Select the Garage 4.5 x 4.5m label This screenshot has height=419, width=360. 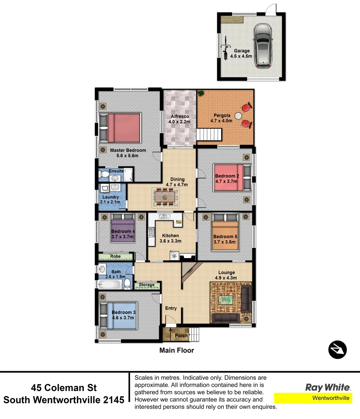[241, 54]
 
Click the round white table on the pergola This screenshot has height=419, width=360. [238, 115]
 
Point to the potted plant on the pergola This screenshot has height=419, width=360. [201, 93]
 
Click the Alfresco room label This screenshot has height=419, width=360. [179, 119]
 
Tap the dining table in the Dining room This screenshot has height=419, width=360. [166, 197]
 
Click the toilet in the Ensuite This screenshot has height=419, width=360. [104, 175]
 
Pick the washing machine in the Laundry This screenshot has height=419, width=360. [105, 188]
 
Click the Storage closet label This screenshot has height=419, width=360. [147, 285]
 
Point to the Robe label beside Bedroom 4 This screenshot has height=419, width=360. [115, 256]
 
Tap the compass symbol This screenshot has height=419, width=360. [337, 350]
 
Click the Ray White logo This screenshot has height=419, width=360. [328, 387]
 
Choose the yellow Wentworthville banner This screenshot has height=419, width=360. [313, 398]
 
